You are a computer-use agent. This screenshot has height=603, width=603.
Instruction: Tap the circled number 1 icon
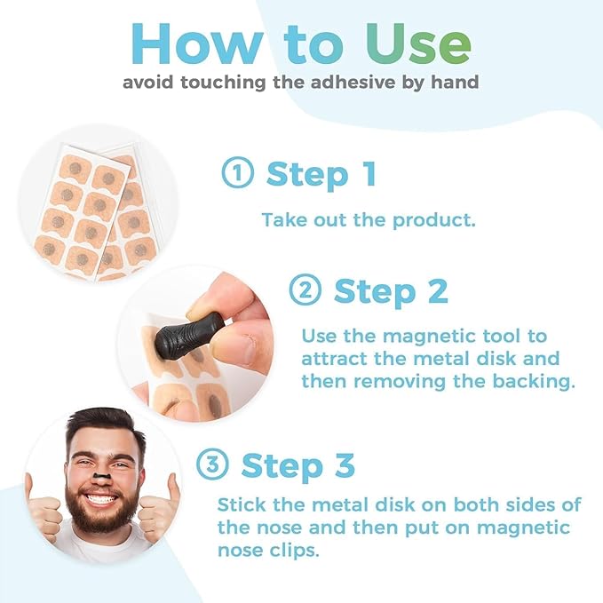click(x=237, y=174)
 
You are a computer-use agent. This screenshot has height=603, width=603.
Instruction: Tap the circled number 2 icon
click(x=304, y=291)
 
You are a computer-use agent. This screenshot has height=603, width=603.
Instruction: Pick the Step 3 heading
click(x=298, y=465)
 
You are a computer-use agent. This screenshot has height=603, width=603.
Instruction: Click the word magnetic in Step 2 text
click(x=413, y=337)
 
